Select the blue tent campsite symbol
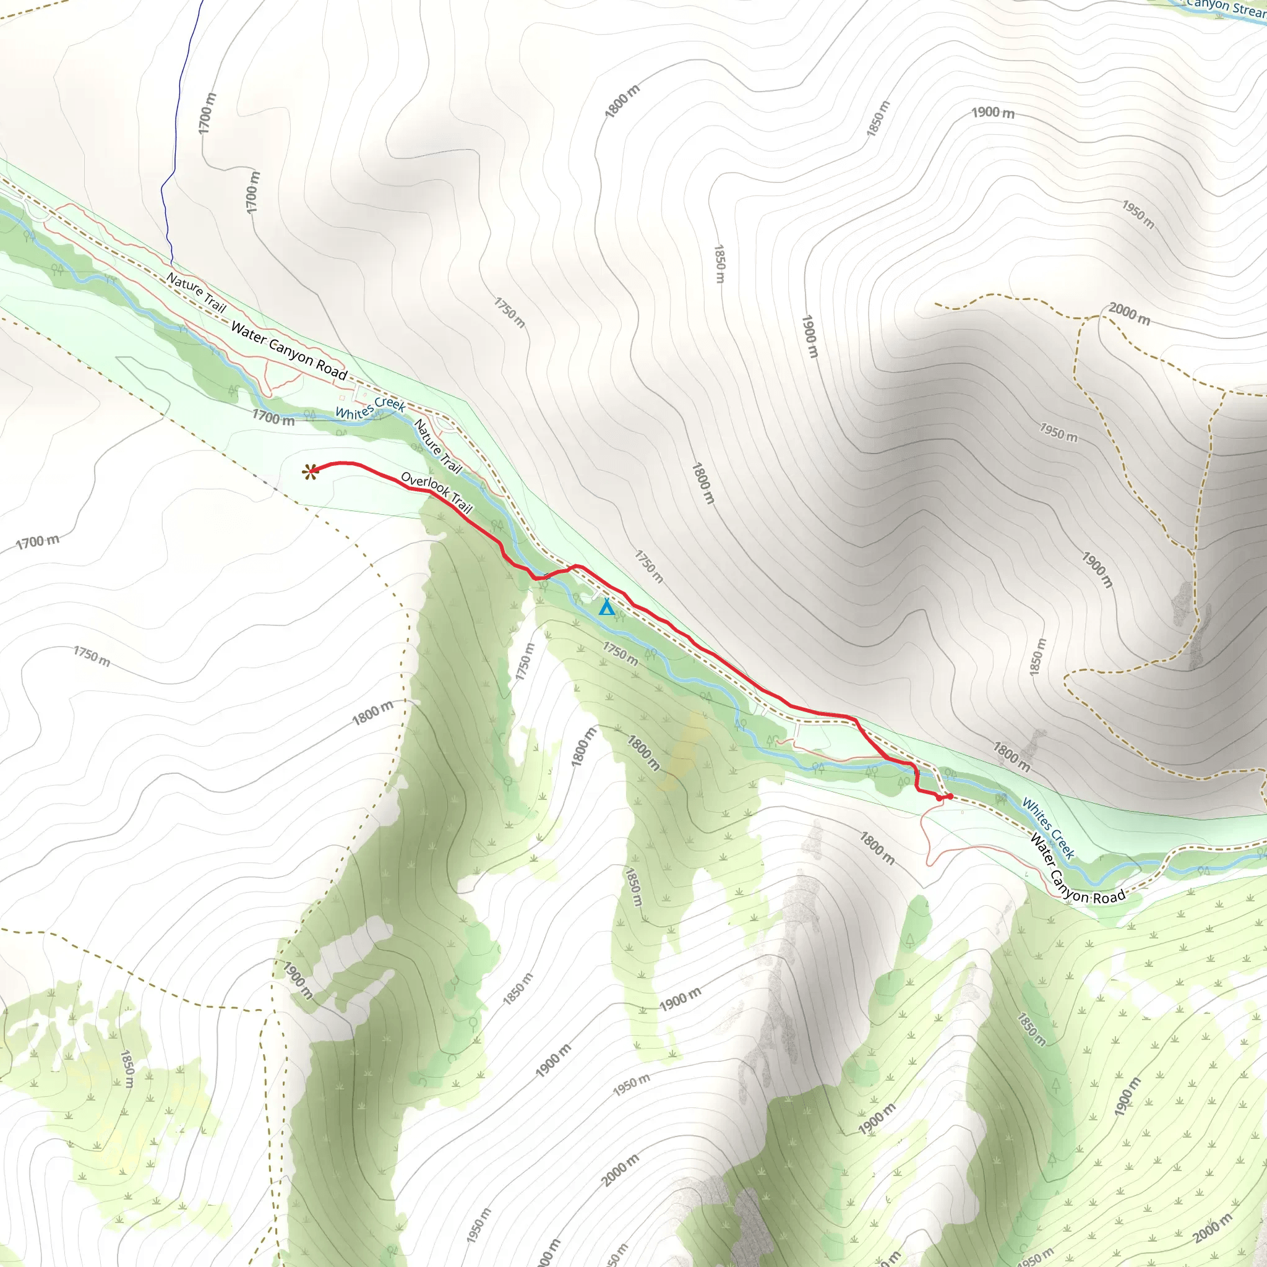pyautogui.click(x=607, y=608)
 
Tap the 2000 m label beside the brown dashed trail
pyautogui.click(x=1129, y=314)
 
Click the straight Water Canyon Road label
pyautogui.click(x=288, y=351)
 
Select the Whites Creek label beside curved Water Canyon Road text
pyautogui.click(x=1048, y=828)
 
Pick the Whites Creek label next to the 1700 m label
pyautogui.click(x=371, y=407)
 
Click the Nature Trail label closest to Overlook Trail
pyautogui.click(x=437, y=446)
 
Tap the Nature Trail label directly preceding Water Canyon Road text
pyautogui.click(x=195, y=293)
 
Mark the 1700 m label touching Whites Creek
pyautogui.click(x=273, y=416)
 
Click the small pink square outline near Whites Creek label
pyautogui.click(x=341, y=397)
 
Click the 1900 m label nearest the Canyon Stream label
pyautogui.click(x=992, y=113)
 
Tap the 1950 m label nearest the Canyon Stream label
pyautogui.click(x=1138, y=215)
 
